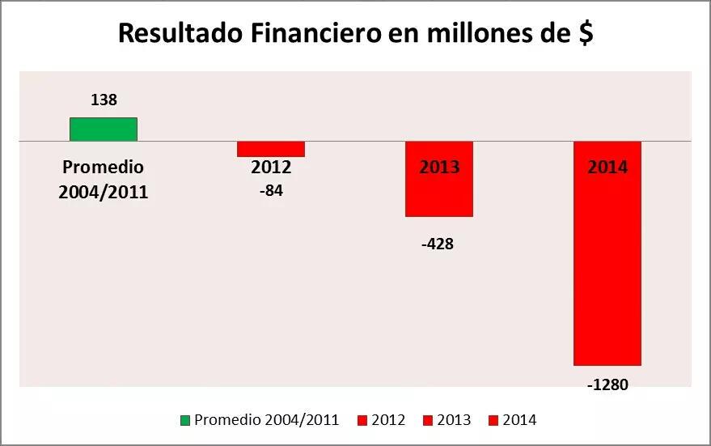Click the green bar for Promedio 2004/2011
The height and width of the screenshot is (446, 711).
click(x=103, y=130)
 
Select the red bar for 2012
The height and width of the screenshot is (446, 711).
click(x=271, y=149)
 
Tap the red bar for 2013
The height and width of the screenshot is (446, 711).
click(x=439, y=194)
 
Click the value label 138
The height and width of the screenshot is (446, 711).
click(x=104, y=100)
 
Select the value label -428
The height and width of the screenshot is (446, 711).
click(x=438, y=244)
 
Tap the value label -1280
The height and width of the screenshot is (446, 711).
click(x=607, y=384)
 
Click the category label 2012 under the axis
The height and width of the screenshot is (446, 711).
click(x=271, y=168)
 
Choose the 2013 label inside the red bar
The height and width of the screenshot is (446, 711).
click(x=439, y=168)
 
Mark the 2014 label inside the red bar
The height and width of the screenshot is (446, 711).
click(x=607, y=168)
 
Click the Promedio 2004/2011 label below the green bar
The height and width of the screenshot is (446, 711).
click(x=104, y=180)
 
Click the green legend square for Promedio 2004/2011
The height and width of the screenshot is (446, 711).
click(x=184, y=420)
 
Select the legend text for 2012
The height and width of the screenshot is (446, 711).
click(x=388, y=420)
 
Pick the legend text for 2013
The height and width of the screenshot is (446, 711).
click(x=454, y=420)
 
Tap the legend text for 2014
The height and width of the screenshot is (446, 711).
click(x=519, y=420)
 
